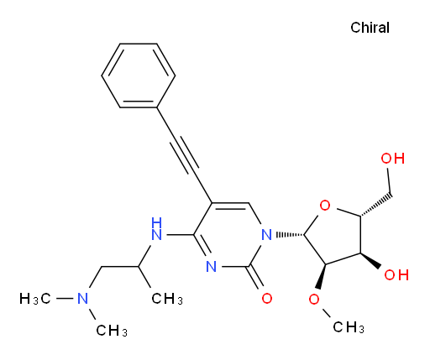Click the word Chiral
pos(370,28)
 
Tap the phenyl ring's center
pos(139,76)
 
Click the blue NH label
pos(156,229)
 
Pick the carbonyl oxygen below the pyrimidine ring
pos(267,299)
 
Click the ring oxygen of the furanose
pos(325,206)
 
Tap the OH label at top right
pos(393,159)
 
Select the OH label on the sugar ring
pos(396,274)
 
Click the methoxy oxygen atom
pos(314,300)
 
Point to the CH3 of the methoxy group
pos(349,326)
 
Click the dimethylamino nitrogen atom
pos(82,298)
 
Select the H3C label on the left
pos(35,299)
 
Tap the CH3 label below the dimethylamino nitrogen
pos(112,331)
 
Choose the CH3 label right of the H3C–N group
pos(167,299)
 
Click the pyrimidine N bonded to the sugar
pos(266,234)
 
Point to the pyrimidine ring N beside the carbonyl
pos(212,266)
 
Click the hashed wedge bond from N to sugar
pos(291,234)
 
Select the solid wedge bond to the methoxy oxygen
pos(322,276)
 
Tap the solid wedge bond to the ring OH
pos(370,261)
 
